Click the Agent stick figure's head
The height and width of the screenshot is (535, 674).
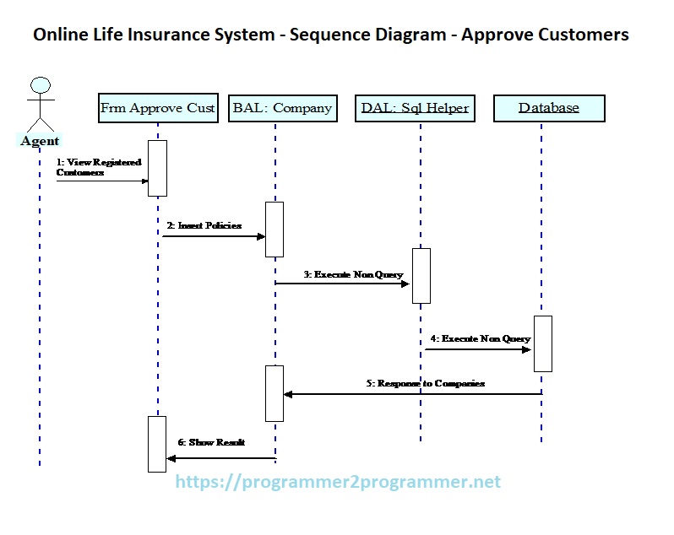tap(40, 85)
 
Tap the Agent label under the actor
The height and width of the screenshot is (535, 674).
tap(40, 141)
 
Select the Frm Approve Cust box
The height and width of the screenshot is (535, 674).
tap(158, 108)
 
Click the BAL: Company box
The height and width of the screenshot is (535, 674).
tap(282, 108)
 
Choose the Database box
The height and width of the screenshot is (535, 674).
tap(549, 108)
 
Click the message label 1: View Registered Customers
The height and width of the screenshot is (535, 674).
tap(98, 166)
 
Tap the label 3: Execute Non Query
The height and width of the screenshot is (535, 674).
tap(353, 274)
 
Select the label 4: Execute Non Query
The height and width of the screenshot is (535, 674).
tap(480, 338)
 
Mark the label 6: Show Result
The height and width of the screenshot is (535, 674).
tap(211, 441)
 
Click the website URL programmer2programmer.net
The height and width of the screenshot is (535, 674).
tap(338, 482)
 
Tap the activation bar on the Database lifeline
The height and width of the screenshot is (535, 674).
tap(542, 343)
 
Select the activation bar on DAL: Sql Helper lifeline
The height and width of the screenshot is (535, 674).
tap(421, 275)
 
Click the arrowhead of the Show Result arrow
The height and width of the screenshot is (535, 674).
tap(171, 459)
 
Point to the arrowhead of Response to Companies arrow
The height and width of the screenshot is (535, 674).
tap(288, 394)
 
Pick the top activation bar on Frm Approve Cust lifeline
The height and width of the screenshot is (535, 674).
tap(157, 168)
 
